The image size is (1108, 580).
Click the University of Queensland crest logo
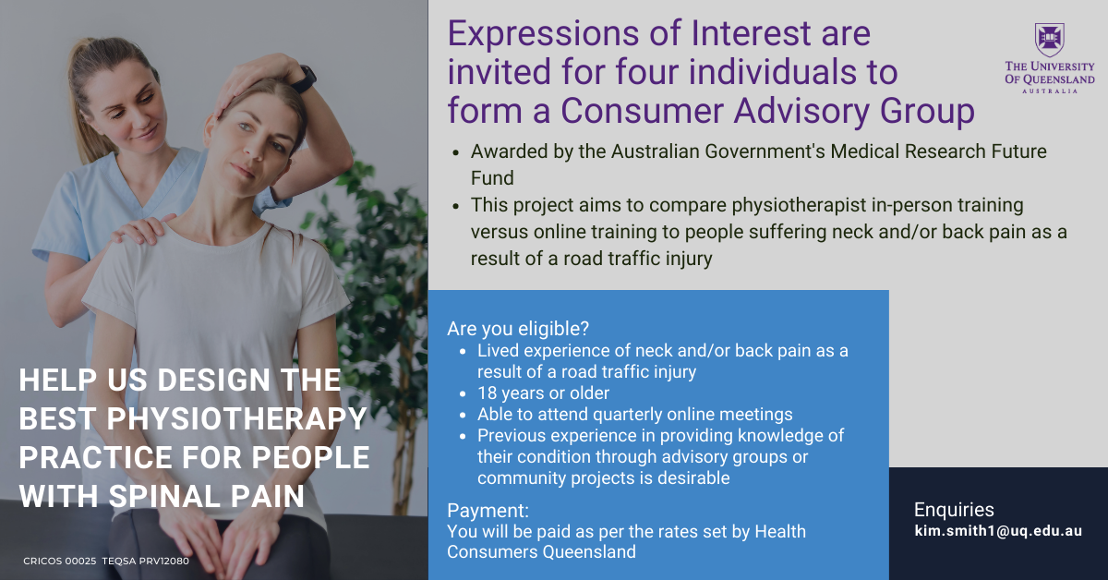[x=1050, y=40]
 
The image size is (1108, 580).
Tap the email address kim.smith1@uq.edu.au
[x=998, y=530]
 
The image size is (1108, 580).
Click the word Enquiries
[x=954, y=510]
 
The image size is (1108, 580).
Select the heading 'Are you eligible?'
[x=518, y=329]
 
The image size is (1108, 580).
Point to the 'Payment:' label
[x=488, y=510]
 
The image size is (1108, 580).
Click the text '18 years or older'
[x=543, y=393]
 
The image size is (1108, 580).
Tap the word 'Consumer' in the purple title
[x=642, y=110]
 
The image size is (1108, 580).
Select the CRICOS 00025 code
[x=60, y=562]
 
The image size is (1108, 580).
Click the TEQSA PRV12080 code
[x=146, y=562]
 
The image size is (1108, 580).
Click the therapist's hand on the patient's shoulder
[x=142, y=229]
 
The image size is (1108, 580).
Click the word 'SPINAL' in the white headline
[x=164, y=496]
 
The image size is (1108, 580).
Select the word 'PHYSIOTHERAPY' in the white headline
[x=236, y=418]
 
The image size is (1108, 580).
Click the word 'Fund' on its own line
[x=492, y=178]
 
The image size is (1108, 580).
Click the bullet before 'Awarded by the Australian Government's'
[x=455, y=153]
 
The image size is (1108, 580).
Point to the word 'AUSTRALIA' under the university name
[x=1050, y=91]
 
